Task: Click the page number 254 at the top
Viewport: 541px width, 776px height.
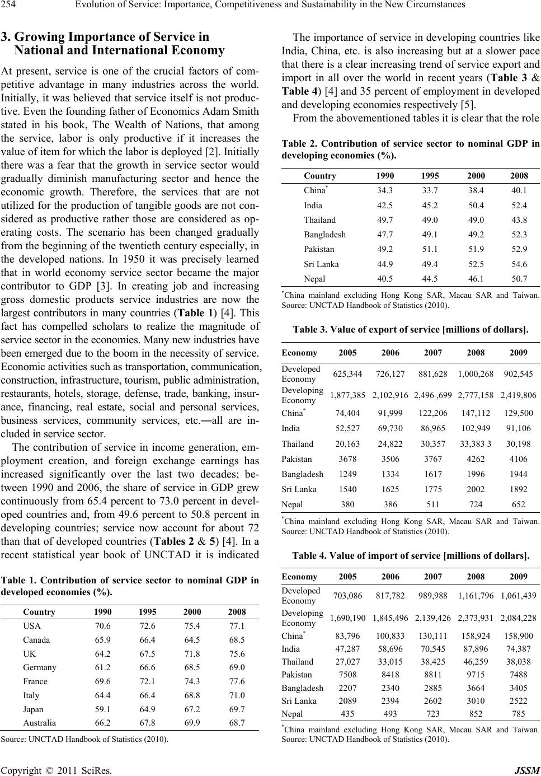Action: click(11, 6)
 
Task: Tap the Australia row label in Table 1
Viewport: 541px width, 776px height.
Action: click(39, 723)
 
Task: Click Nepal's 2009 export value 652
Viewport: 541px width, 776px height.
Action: click(519, 504)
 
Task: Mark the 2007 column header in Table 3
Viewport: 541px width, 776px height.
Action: click(434, 353)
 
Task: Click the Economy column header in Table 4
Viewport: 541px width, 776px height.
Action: click(299, 577)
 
